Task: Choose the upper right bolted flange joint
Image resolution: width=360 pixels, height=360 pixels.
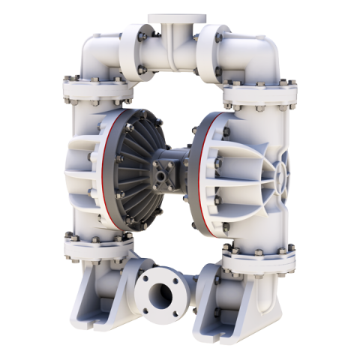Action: point(258,94)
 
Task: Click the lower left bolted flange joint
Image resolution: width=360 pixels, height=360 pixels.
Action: point(97,247)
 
